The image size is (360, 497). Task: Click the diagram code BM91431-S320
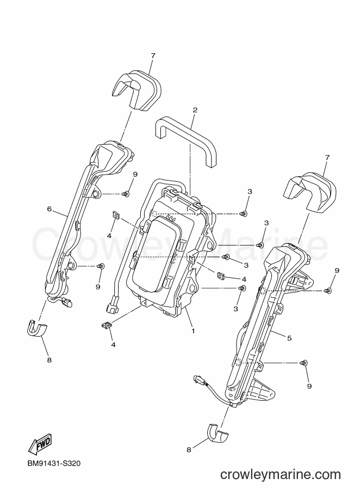tap(53, 464)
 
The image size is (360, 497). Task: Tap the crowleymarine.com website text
tap(281, 475)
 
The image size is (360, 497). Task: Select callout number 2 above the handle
tap(195, 110)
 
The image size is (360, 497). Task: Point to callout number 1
tap(193, 331)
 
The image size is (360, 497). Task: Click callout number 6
tap(49, 209)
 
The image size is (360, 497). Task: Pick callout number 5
tap(289, 338)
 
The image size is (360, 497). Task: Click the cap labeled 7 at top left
tap(137, 90)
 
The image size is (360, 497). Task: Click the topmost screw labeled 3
tap(244, 214)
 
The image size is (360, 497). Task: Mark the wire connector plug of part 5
tap(197, 378)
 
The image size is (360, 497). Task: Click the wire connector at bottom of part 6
tap(69, 303)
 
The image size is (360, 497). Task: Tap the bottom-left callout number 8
tap(49, 360)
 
